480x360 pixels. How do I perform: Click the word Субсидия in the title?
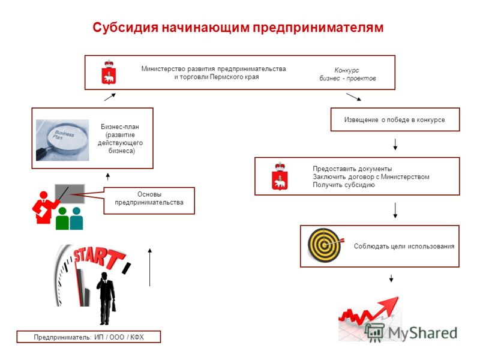[x=125, y=27]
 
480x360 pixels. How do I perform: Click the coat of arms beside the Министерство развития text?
[x=109, y=72]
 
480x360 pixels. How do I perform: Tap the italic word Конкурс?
[x=347, y=70]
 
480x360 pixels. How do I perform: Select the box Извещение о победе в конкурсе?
[x=395, y=119]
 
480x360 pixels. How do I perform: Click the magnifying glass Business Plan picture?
[x=62, y=140]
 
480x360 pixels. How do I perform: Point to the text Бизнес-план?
[x=120, y=127]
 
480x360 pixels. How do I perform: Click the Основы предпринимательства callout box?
[x=149, y=200]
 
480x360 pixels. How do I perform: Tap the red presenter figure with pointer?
[x=44, y=207]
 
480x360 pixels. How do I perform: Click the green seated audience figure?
[x=62, y=218]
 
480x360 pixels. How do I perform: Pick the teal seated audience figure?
[x=76, y=218]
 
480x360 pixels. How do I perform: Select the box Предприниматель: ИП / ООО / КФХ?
[x=88, y=337]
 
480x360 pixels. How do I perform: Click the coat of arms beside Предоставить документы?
[x=280, y=176]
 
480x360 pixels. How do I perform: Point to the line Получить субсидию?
[x=344, y=185]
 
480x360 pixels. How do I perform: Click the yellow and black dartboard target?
[x=325, y=245]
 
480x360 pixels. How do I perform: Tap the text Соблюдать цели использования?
[x=404, y=246]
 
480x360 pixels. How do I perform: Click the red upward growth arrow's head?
[x=389, y=304]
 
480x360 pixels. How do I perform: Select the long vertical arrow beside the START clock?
[x=149, y=267]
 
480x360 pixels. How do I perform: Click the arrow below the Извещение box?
[x=395, y=144]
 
